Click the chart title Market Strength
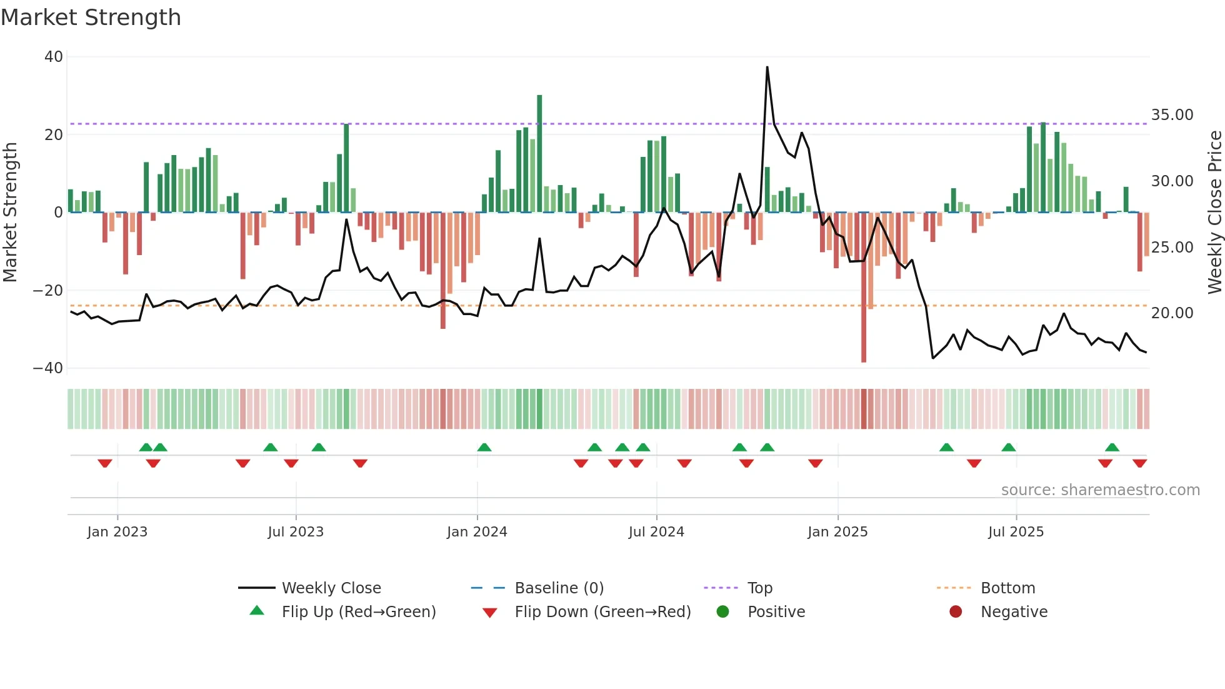91,18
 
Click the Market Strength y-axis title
11,212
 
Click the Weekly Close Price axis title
1214,212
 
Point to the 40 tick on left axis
54,57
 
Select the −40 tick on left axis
48,368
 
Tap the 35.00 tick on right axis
1172,115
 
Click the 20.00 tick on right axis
1172,313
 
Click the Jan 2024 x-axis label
477,532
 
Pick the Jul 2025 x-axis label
1016,532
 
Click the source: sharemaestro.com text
1100,490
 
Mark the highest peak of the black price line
767,68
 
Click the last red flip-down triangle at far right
1139,463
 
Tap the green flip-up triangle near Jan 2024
484,447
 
